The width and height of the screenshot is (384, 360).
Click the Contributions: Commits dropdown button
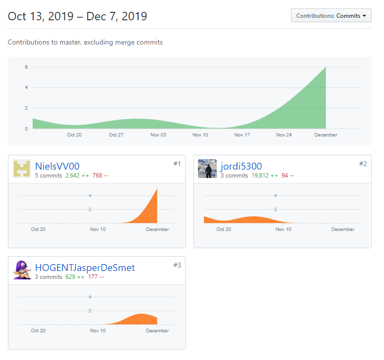331,16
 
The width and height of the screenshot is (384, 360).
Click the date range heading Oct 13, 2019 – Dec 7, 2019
77,16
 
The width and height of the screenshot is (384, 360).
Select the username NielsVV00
57,166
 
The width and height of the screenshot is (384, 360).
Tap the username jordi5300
241,166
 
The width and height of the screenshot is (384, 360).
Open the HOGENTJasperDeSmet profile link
85,268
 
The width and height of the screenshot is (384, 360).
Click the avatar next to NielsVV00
22,169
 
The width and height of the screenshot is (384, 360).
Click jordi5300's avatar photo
207,169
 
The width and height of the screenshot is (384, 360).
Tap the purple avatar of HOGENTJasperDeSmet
22,270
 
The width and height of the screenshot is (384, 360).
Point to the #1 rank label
177,164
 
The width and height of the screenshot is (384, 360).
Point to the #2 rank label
363,164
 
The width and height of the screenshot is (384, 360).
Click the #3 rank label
177,265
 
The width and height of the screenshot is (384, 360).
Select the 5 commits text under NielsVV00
48,176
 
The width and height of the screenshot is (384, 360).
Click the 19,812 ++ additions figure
264,176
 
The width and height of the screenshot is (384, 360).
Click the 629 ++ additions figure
74,277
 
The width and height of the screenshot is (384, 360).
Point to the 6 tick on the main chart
26,67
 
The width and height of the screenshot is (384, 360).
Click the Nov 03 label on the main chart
158,135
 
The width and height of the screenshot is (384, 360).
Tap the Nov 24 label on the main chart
284,135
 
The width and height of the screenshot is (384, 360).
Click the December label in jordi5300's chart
343,229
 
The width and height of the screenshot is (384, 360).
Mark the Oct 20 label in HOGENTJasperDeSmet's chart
38,331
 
